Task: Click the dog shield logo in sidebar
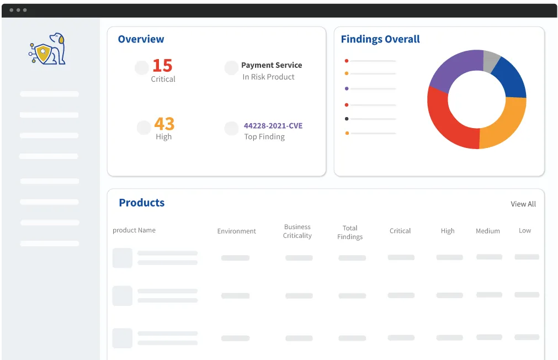pos(47,49)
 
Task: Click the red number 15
pos(162,66)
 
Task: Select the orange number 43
pos(164,123)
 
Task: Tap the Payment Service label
pos(272,65)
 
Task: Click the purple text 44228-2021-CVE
pos(273,126)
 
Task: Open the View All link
pos(523,204)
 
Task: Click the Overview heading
pos(141,39)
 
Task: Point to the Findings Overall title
pos(380,39)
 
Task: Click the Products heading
pos(142,203)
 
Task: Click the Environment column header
pos(237,231)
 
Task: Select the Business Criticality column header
pos(297,231)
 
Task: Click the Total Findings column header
pos(350,232)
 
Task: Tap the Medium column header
pos(488,231)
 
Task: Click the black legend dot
pos(347,119)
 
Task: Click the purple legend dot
pos(347,88)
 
